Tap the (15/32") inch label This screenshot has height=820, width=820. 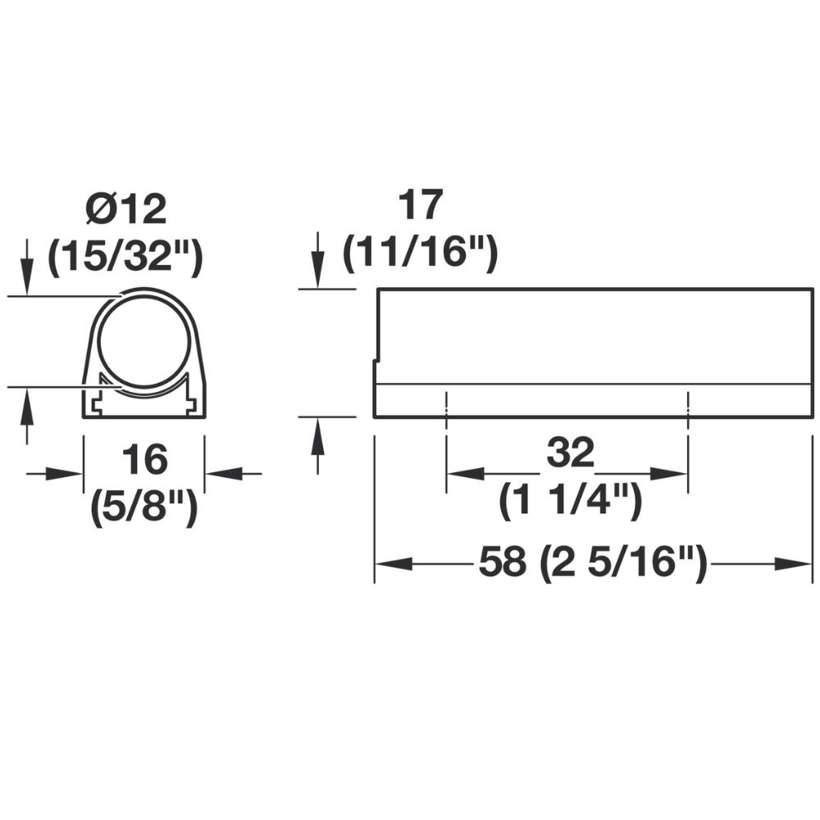click(125, 256)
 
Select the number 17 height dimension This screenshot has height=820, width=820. click(421, 206)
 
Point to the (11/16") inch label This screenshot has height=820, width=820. click(420, 253)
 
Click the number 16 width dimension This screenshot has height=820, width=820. click(144, 459)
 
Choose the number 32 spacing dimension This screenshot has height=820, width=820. click(571, 453)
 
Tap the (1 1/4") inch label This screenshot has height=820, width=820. click(571, 500)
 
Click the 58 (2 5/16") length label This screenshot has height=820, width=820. click(593, 561)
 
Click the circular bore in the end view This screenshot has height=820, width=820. click(143, 343)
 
